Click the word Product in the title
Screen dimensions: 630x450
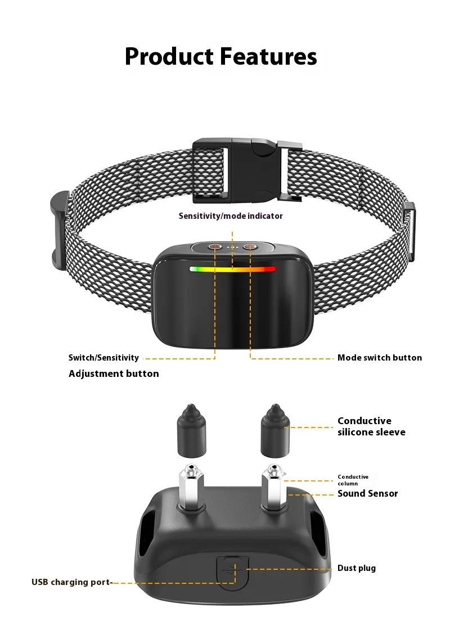169,57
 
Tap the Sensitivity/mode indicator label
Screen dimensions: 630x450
231,216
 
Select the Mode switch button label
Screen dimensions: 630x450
379,358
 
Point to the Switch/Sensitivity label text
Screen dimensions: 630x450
103,358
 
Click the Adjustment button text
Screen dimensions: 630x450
114,373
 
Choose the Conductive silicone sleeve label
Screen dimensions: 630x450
371,426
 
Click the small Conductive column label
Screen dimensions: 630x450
353,480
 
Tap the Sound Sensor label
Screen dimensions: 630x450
367,493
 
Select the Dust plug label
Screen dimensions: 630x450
356,568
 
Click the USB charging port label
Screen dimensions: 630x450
71,582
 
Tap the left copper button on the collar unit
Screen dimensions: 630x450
215,246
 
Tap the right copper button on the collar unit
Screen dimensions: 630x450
250,246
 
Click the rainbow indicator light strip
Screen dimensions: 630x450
232,269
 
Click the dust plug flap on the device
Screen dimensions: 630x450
233,569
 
